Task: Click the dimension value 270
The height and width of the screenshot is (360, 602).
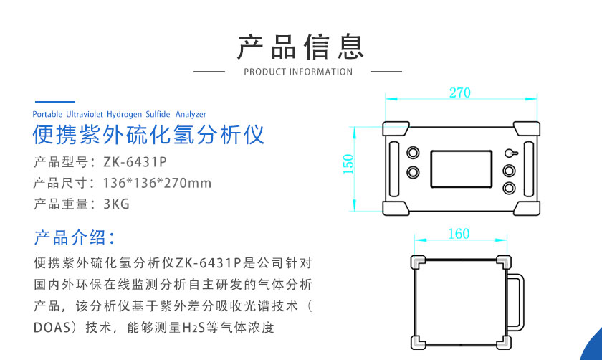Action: pyautogui.click(x=459, y=93)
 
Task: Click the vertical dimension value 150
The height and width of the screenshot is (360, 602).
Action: pyautogui.click(x=348, y=164)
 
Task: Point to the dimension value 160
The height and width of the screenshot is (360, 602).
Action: pyautogui.click(x=459, y=234)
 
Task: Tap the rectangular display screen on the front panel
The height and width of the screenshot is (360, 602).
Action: pyautogui.click(x=461, y=169)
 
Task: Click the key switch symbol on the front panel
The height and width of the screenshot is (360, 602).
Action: pyautogui.click(x=511, y=153)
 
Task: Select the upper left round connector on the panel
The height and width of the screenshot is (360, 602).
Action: pyautogui.click(x=413, y=153)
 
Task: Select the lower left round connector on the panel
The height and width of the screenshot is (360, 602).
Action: pyautogui.click(x=413, y=171)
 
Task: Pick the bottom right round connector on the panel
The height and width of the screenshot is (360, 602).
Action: pyautogui.click(x=509, y=188)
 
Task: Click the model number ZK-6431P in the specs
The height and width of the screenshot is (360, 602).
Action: pyautogui.click(x=135, y=162)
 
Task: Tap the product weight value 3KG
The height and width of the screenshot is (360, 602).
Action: pyautogui.click(x=116, y=204)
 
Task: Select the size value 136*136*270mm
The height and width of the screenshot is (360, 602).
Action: pyautogui.click(x=157, y=183)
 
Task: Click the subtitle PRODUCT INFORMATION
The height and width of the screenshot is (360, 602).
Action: pyautogui.click(x=298, y=72)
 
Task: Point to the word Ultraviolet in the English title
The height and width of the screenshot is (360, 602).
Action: pyautogui.click(x=85, y=114)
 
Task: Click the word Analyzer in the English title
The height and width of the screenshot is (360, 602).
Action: pyautogui.click(x=191, y=115)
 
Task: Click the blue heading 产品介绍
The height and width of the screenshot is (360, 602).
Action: pyautogui.click(x=70, y=237)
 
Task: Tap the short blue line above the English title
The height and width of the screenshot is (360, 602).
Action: pyautogui.click(x=55, y=102)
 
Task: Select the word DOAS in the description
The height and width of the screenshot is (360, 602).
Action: pyautogui.click(x=52, y=328)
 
